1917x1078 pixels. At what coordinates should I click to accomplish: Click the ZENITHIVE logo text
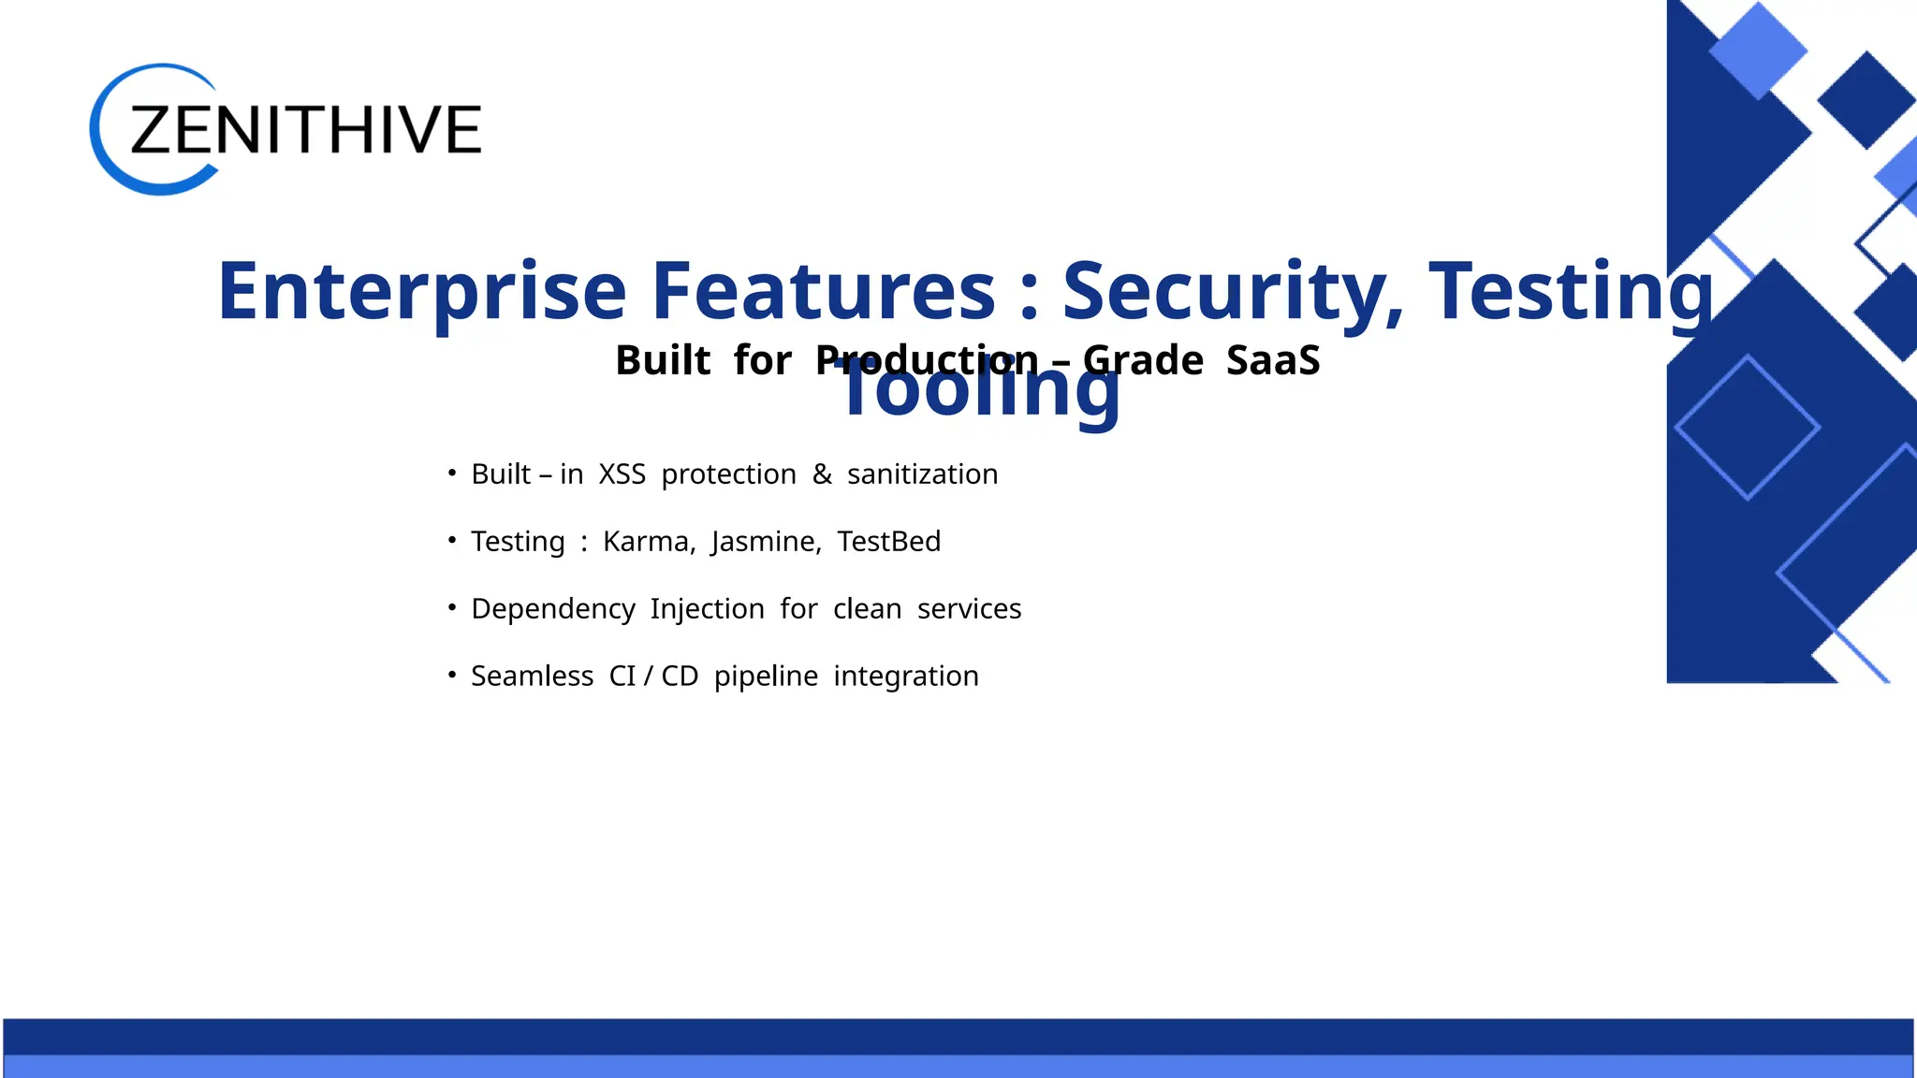pyautogui.click(x=305, y=130)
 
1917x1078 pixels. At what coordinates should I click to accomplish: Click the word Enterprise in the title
pyautogui.click(x=421, y=292)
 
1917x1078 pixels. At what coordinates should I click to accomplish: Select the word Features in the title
pyautogui.click(x=824, y=292)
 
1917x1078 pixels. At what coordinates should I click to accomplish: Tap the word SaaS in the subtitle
pyautogui.click(x=1273, y=361)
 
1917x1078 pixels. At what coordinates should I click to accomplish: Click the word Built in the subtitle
pyautogui.click(x=663, y=361)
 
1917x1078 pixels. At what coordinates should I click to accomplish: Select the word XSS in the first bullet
pyautogui.click(x=622, y=474)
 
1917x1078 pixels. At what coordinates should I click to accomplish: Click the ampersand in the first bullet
pyautogui.click(x=822, y=474)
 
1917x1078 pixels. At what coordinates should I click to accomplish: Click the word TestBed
pyautogui.click(x=888, y=542)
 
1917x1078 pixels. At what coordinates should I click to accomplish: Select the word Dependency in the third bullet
pyautogui.click(x=552, y=609)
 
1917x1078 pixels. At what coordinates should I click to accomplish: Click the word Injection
pyautogui.click(x=707, y=609)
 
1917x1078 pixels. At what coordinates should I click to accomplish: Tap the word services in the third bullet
pyautogui.click(x=969, y=609)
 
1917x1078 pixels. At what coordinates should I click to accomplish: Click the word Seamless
pyautogui.click(x=532, y=677)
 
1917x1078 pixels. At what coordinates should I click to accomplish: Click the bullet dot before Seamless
pyautogui.click(x=452, y=674)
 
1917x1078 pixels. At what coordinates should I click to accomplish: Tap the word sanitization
pyautogui.click(x=922, y=474)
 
